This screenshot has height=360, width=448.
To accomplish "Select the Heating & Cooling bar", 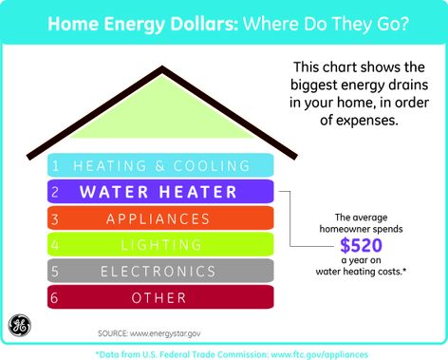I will tap(162, 164).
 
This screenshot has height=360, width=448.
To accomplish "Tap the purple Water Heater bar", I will tap(162, 191).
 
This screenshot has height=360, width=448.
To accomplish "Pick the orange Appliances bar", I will tap(162, 218).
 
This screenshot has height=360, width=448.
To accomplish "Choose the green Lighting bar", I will tap(162, 244).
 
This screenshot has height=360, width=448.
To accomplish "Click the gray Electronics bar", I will tap(162, 271).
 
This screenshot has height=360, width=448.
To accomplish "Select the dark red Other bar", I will tap(162, 297).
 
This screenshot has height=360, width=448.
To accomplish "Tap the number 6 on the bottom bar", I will tap(56, 297).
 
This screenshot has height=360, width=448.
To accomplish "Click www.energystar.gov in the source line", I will tap(175, 333).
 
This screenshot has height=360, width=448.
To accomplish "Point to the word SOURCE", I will tap(114, 333).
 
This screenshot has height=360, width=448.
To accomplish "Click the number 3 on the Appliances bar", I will tap(56, 218).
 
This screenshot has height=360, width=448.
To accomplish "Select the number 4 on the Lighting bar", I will tap(56, 244).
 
